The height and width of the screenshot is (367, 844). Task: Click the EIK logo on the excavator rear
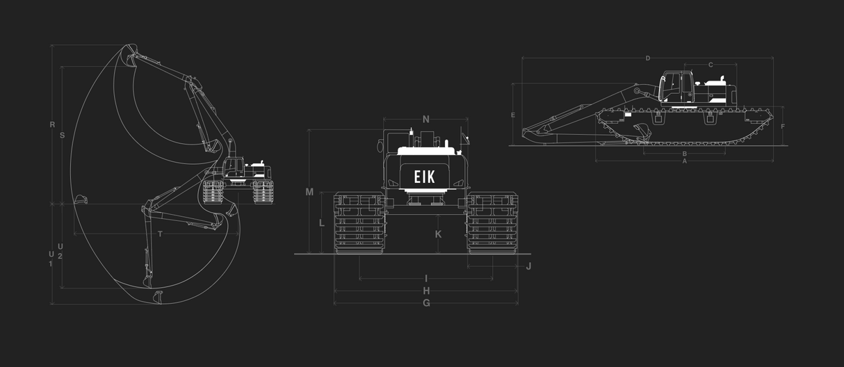coord(424,177)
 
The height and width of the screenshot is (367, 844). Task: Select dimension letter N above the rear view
coord(426,120)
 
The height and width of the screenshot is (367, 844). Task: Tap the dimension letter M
coord(309,192)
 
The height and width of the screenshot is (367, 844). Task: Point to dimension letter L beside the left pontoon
coord(321,223)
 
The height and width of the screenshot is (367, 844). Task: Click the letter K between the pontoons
coord(438,234)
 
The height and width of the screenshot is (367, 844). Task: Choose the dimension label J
coord(528,266)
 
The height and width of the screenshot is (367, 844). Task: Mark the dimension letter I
coord(426,279)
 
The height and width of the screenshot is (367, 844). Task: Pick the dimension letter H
coord(426,291)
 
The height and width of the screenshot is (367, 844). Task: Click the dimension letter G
coord(426,303)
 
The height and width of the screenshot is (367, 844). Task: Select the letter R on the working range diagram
coord(52,125)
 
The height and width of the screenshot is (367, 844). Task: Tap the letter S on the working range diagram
coord(63,136)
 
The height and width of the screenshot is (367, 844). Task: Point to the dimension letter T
coord(160,234)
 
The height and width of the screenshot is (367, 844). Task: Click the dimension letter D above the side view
coord(648,58)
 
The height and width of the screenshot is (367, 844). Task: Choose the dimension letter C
coord(711,65)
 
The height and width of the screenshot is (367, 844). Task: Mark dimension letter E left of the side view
coord(512,115)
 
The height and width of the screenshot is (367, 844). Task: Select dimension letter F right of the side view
coord(783,127)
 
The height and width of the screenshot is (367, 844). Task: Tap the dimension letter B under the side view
coord(685,154)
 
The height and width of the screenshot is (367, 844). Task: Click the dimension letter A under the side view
coord(685,161)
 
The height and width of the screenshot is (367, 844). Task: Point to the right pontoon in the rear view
coord(492,222)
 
